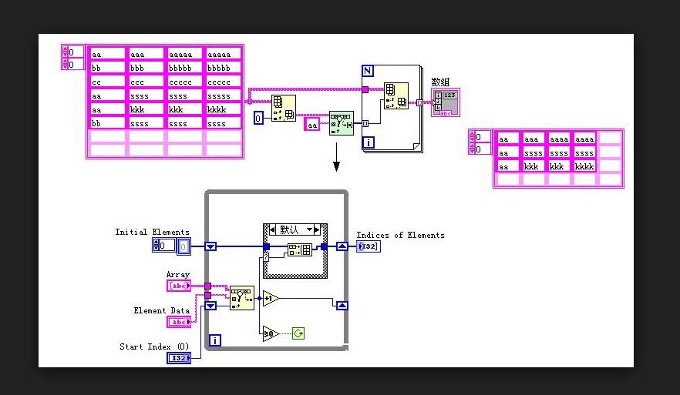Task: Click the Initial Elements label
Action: tap(152, 232)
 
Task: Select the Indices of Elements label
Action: tap(400, 235)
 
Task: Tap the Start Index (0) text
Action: tap(153, 346)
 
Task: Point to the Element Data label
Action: tap(160, 310)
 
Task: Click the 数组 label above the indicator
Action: tap(439, 82)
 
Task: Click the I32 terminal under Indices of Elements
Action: tap(368, 246)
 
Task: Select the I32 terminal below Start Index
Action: tap(179, 358)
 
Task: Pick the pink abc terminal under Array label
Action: tap(179, 286)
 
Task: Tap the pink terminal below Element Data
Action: tap(179, 322)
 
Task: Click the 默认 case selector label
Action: tap(293, 229)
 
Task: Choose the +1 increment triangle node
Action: tap(270, 298)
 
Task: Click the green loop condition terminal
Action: tap(298, 333)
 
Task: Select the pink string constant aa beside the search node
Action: tap(312, 125)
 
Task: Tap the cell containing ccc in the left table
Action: tap(146, 82)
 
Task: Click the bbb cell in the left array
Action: tap(146, 68)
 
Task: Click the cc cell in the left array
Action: tap(107, 82)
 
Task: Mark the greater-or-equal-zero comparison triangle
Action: tap(269, 333)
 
